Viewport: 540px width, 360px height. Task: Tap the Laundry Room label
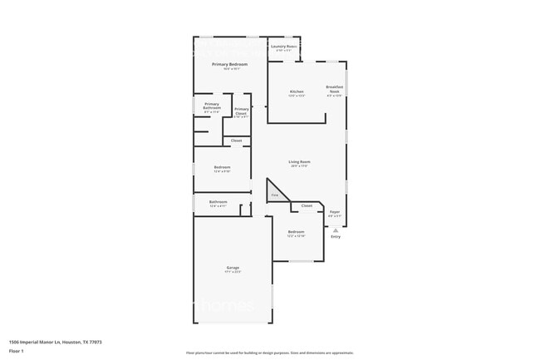284,47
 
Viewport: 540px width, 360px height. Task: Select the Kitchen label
297,91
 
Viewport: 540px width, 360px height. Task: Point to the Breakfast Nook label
335,88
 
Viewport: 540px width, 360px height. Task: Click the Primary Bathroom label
212,106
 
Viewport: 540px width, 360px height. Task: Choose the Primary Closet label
241,111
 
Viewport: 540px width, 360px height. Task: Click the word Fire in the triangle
274,195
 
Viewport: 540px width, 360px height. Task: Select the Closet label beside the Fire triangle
307,205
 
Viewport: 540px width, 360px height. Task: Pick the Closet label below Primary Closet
237,141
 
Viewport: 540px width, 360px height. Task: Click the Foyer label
335,212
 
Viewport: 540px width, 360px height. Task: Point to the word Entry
336,237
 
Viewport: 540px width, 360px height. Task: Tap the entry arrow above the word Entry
336,230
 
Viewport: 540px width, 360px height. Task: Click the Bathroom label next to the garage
218,202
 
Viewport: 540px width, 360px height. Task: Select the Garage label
233,268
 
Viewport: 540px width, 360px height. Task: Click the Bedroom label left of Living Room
222,167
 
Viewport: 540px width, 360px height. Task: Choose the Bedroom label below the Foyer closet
297,232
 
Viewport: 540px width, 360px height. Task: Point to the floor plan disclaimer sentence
270,353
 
